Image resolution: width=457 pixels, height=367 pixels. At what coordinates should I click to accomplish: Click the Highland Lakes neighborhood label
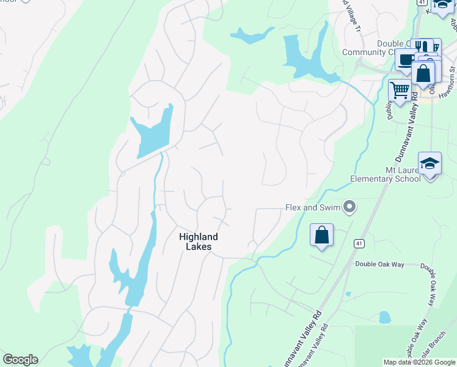199,242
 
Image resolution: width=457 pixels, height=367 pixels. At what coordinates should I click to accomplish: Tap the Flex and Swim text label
313,207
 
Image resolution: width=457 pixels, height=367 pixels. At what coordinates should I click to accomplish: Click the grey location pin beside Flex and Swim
349,207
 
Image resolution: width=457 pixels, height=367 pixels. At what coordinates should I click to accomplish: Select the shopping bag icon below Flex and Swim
322,235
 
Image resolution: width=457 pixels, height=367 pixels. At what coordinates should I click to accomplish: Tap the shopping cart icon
400,91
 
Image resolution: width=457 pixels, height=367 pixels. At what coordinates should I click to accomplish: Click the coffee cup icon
406,59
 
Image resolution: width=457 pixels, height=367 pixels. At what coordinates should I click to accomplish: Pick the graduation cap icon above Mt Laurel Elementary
430,163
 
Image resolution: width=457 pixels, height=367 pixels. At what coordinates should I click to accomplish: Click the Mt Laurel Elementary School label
385,174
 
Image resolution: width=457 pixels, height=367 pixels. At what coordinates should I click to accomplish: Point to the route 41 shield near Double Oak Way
359,243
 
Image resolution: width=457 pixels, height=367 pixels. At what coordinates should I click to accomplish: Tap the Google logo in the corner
20,360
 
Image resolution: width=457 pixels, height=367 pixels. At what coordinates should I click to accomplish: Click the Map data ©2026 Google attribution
419,362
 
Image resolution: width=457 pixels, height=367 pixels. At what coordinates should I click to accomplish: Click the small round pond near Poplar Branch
385,317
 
